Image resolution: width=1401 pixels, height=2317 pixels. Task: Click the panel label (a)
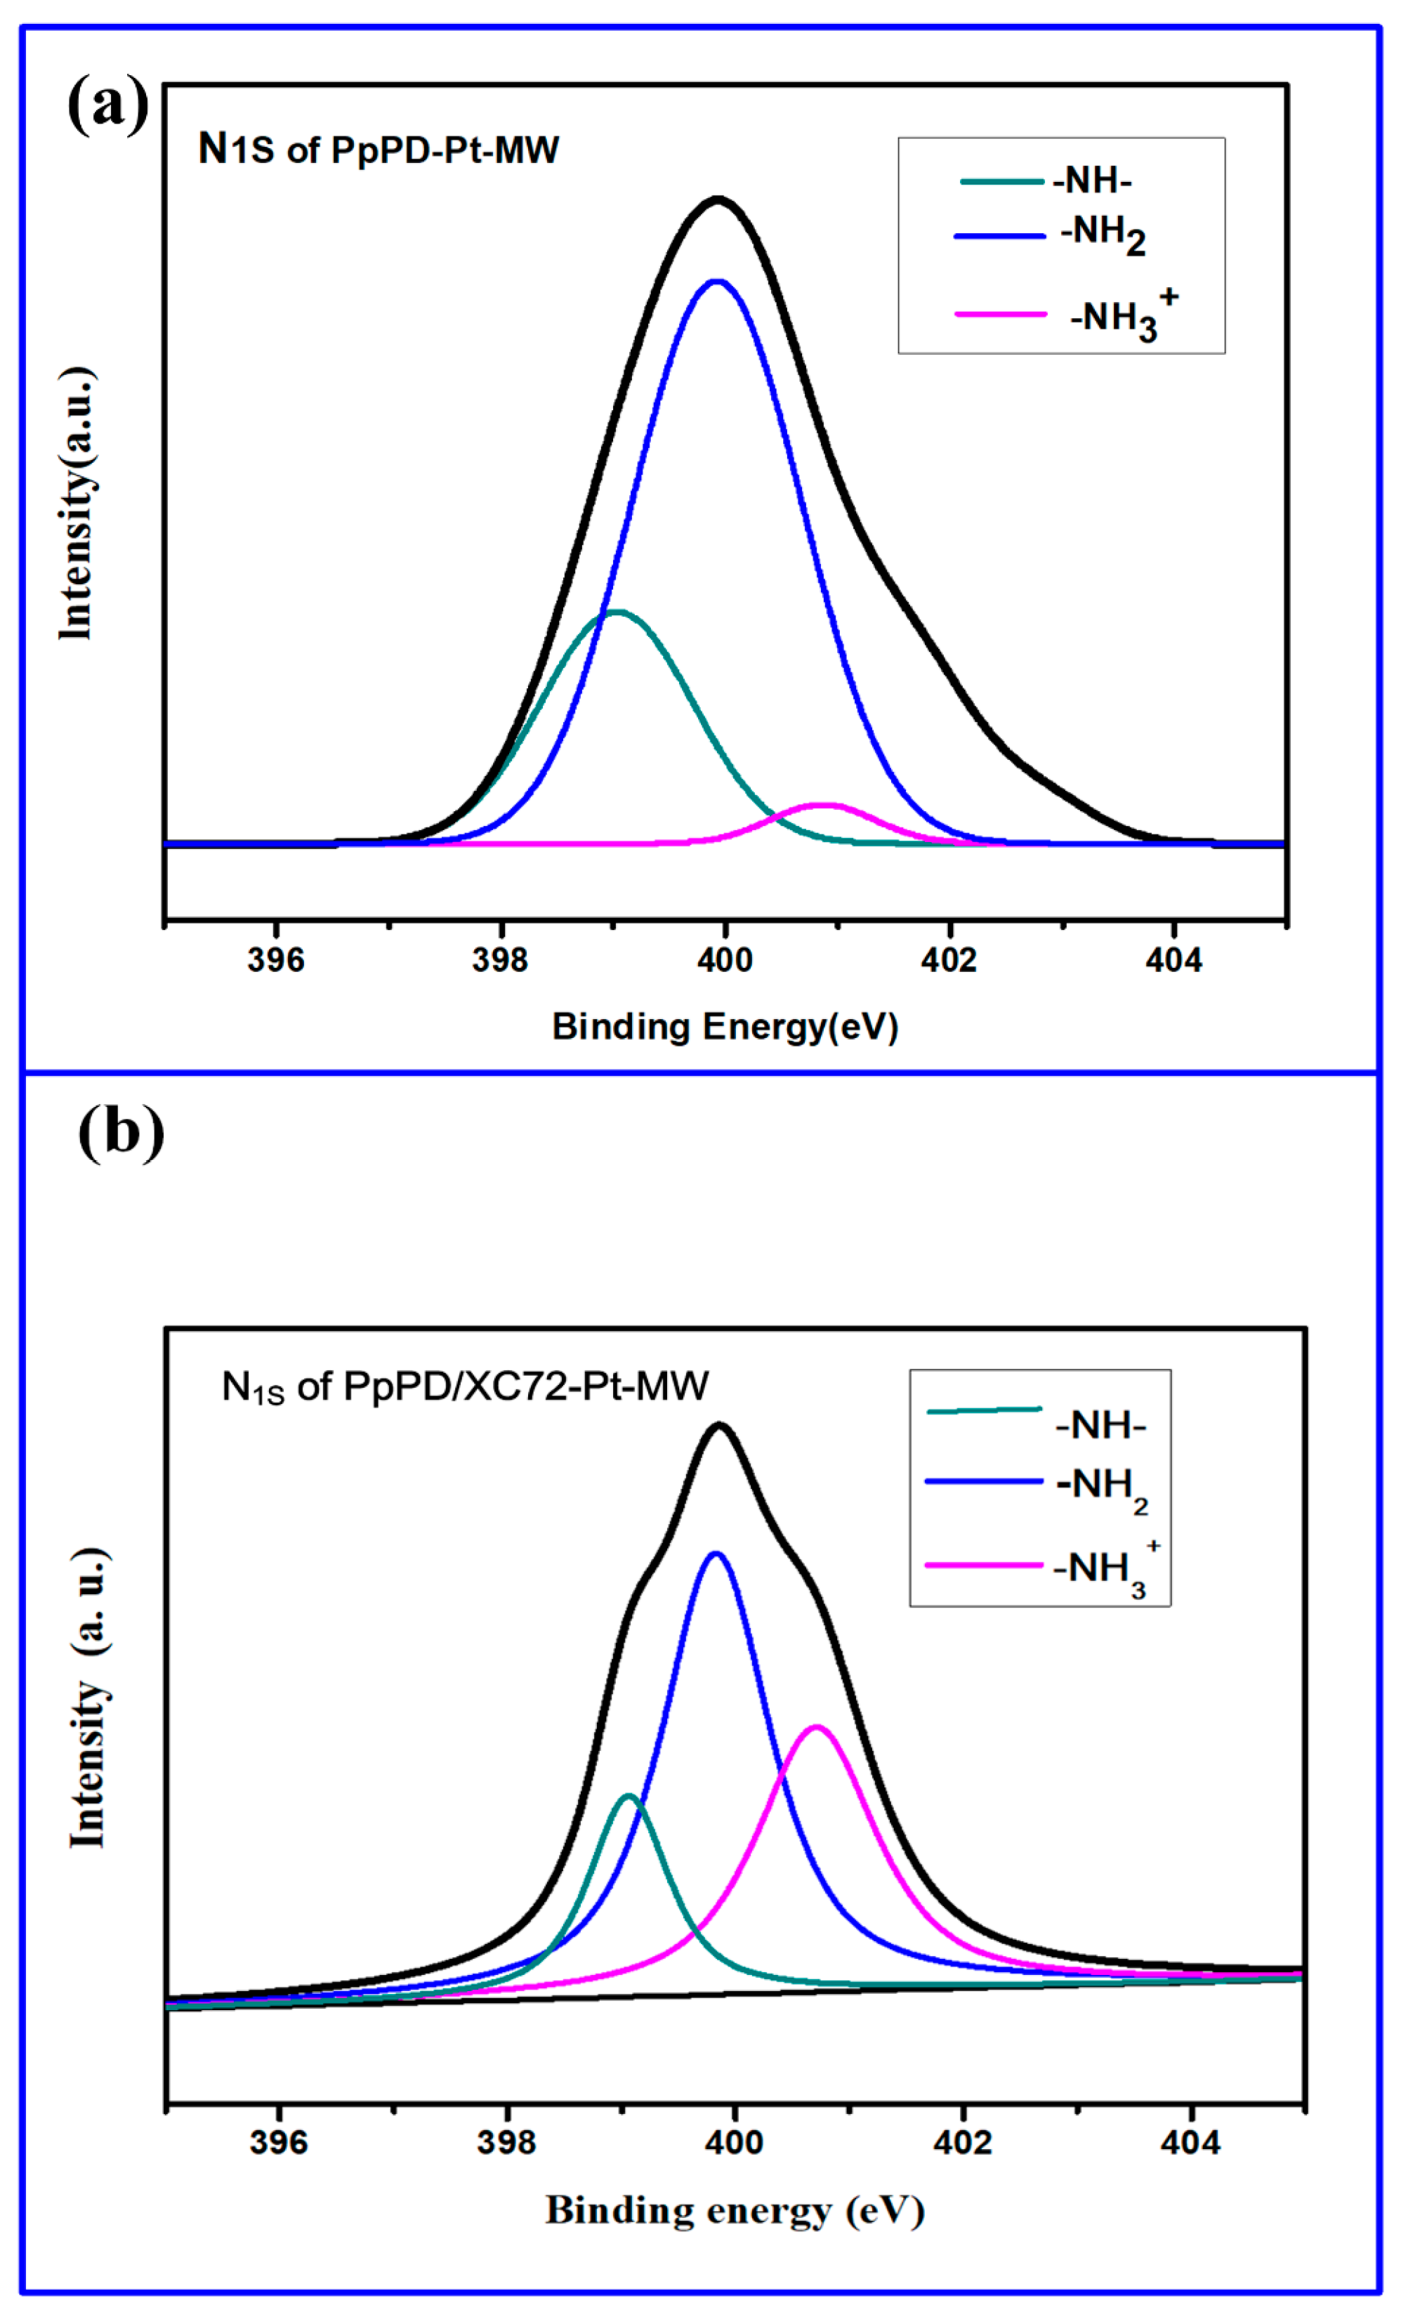tap(108, 103)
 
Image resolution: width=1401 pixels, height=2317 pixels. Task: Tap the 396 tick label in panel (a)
tap(275, 960)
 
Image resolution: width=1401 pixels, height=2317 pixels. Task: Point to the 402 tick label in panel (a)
tap(949, 960)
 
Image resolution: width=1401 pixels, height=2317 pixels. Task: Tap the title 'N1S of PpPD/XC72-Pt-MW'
tap(464, 1387)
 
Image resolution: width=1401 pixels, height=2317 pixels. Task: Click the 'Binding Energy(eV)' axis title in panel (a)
tap(725, 1027)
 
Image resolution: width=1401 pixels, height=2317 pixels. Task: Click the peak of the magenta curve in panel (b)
tap(816, 1726)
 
